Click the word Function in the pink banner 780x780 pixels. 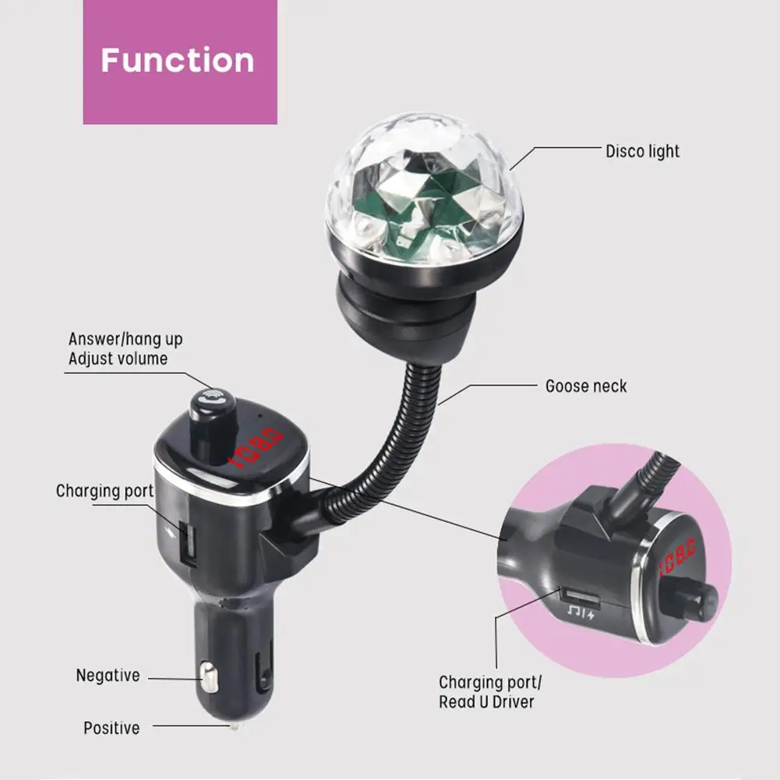click(x=178, y=60)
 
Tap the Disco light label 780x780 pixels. click(x=642, y=151)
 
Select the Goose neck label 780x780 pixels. click(x=586, y=386)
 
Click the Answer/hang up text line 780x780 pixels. click(x=125, y=339)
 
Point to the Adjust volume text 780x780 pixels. click(x=118, y=358)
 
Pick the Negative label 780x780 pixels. click(x=108, y=675)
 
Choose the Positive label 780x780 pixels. click(x=111, y=728)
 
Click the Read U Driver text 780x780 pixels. click(x=486, y=702)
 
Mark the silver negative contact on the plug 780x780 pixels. click(x=208, y=676)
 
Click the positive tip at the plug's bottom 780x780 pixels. click(x=233, y=725)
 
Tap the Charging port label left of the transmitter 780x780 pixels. click(x=105, y=491)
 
